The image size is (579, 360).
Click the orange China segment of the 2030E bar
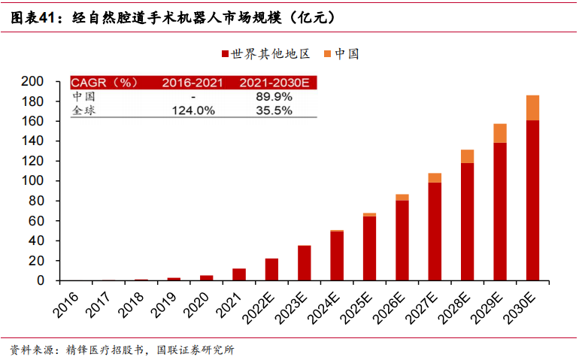pyautogui.click(x=532, y=107)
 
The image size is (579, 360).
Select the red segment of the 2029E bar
pyautogui.click(x=500, y=211)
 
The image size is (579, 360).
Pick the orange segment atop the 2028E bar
pyautogui.click(x=467, y=156)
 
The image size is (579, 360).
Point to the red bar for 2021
pyautogui.click(x=239, y=274)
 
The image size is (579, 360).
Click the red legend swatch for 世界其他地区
pyautogui.click(x=225, y=54)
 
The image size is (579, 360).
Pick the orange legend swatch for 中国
pyautogui.click(x=327, y=54)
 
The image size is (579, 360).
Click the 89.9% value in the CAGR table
pyautogui.click(x=274, y=96)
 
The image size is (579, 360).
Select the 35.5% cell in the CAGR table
pyautogui.click(x=274, y=110)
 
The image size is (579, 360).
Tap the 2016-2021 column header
pyautogui.click(x=192, y=83)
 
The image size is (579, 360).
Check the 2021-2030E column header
pyautogui.click(x=274, y=83)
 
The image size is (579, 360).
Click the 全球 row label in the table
pyautogui.click(x=83, y=110)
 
